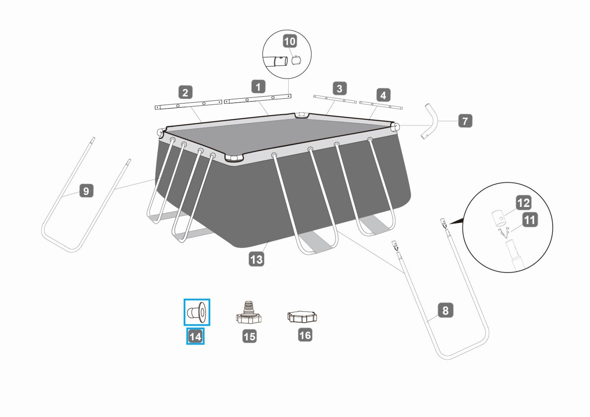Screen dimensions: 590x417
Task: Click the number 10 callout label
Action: tap(290, 41)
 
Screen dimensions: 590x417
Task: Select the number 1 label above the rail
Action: tap(258, 87)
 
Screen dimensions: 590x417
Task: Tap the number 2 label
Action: tap(185, 92)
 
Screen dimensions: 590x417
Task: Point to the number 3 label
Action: tap(339, 88)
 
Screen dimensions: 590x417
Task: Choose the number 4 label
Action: tap(383, 95)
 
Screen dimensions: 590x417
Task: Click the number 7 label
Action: tap(465, 121)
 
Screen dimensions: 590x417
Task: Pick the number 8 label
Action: tap(445, 310)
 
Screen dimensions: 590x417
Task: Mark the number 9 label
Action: tap(87, 190)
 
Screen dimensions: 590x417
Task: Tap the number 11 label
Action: tap(530, 220)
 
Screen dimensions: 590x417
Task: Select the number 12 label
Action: tap(524, 203)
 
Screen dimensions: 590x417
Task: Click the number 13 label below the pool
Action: tap(256, 259)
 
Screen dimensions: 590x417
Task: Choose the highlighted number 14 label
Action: tap(195, 336)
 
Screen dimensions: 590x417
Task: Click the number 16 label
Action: tap(305, 335)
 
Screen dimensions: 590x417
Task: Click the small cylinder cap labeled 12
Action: tap(498, 218)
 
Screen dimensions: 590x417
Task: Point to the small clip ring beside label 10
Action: tap(296, 60)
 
